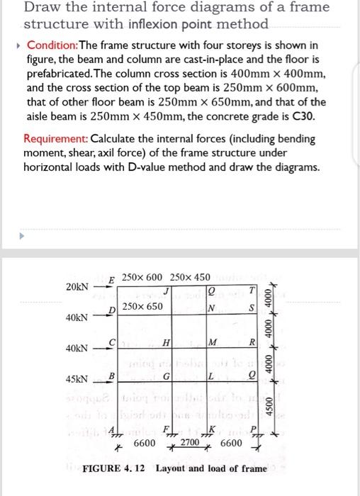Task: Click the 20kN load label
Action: pos(77,287)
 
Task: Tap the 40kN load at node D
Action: pos(78,317)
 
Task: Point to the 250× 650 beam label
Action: pos(142,307)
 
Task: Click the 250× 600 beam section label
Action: pos(142,276)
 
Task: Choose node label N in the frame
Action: pos(210,309)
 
